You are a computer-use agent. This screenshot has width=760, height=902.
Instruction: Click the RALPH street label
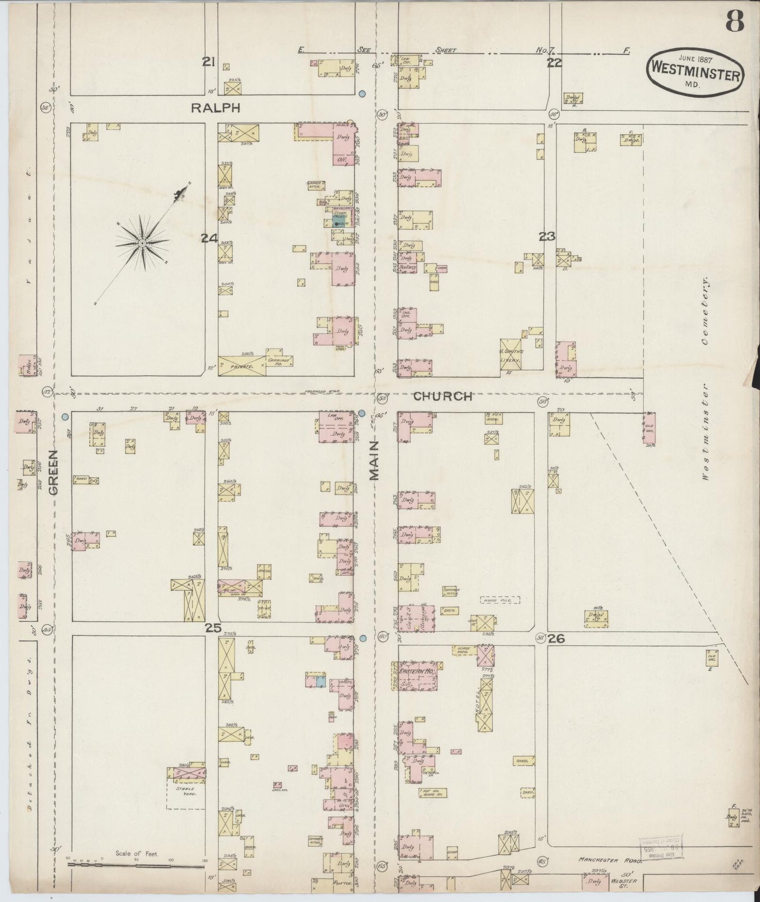215,108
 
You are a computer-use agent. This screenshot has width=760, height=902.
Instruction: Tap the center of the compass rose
142,243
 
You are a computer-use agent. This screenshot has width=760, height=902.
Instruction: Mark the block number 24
209,238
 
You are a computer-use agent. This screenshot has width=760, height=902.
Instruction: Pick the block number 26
556,638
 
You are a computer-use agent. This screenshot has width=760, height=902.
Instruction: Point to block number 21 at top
209,62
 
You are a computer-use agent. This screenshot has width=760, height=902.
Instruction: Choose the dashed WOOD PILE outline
500,599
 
